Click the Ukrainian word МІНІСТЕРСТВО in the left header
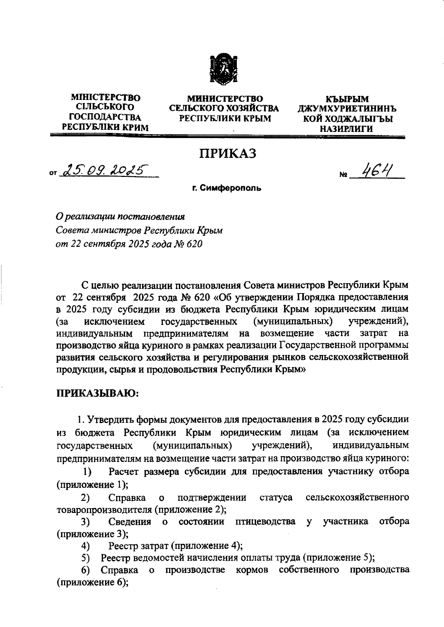(x=105, y=98)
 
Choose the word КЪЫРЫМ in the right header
(x=347, y=99)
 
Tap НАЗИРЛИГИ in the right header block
(x=347, y=128)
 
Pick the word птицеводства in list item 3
(x=265, y=522)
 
